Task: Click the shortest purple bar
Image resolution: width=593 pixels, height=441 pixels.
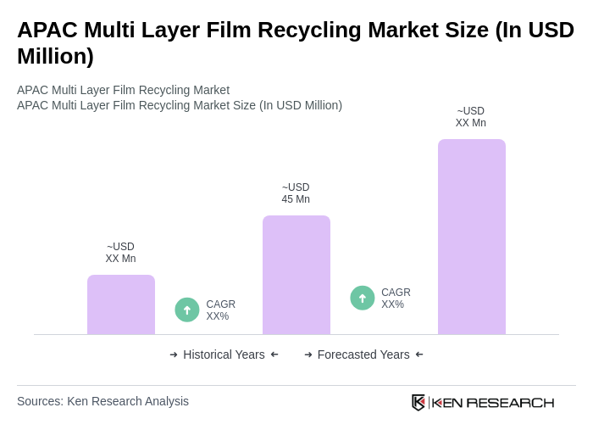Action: coord(121,304)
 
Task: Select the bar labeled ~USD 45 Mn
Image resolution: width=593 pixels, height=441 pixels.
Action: coord(296,275)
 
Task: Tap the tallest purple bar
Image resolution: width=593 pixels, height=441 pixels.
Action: coord(472,237)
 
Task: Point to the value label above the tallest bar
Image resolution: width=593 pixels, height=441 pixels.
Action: coord(471,117)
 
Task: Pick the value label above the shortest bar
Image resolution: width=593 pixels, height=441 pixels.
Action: coord(120,253)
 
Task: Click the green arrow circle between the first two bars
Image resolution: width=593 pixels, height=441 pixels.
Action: coord(187,310)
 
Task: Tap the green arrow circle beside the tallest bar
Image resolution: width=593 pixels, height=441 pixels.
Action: coord(363,298)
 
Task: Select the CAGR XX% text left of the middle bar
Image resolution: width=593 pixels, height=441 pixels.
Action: coord(220,310)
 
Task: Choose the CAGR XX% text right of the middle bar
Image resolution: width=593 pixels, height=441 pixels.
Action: coord(396,299)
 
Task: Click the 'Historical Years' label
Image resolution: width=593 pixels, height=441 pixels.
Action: coord(224,354)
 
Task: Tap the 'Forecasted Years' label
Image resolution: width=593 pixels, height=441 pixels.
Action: coord(363,354)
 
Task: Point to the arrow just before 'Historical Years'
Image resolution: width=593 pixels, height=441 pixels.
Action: coord(174,354)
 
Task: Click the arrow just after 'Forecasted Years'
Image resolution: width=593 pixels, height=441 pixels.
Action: coord(419,354)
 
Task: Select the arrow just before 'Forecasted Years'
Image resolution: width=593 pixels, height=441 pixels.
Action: coord(308,354)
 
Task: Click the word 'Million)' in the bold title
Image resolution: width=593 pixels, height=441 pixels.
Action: coord(55,56)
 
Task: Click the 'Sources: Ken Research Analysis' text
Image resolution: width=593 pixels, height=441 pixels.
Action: coord(103,401)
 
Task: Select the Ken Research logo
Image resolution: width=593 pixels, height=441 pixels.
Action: coord(483,402)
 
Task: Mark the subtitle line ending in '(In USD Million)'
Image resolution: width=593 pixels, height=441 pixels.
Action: coord(180,105)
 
